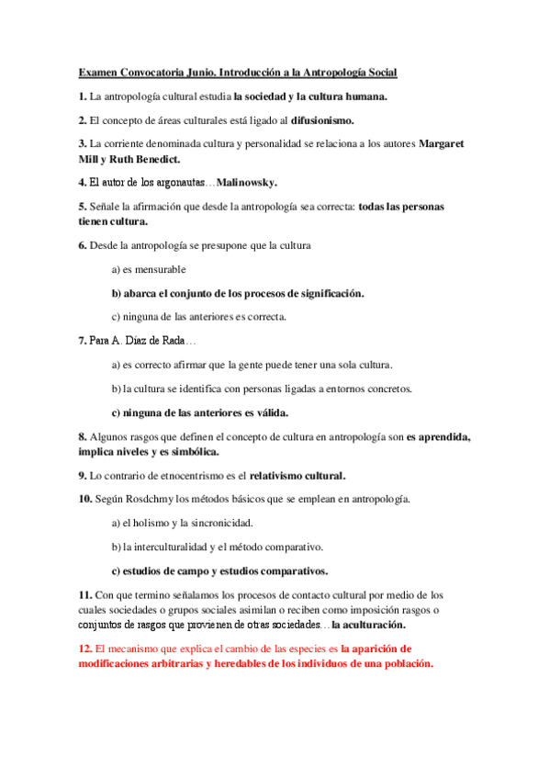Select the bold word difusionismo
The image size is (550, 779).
coord(323,119)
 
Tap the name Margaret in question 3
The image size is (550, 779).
coord(442,143)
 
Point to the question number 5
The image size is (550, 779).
coord(83,207)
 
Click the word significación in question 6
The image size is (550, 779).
coord(326,293)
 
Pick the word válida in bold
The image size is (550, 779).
coord(268,412)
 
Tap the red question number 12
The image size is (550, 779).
coord(85,648)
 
